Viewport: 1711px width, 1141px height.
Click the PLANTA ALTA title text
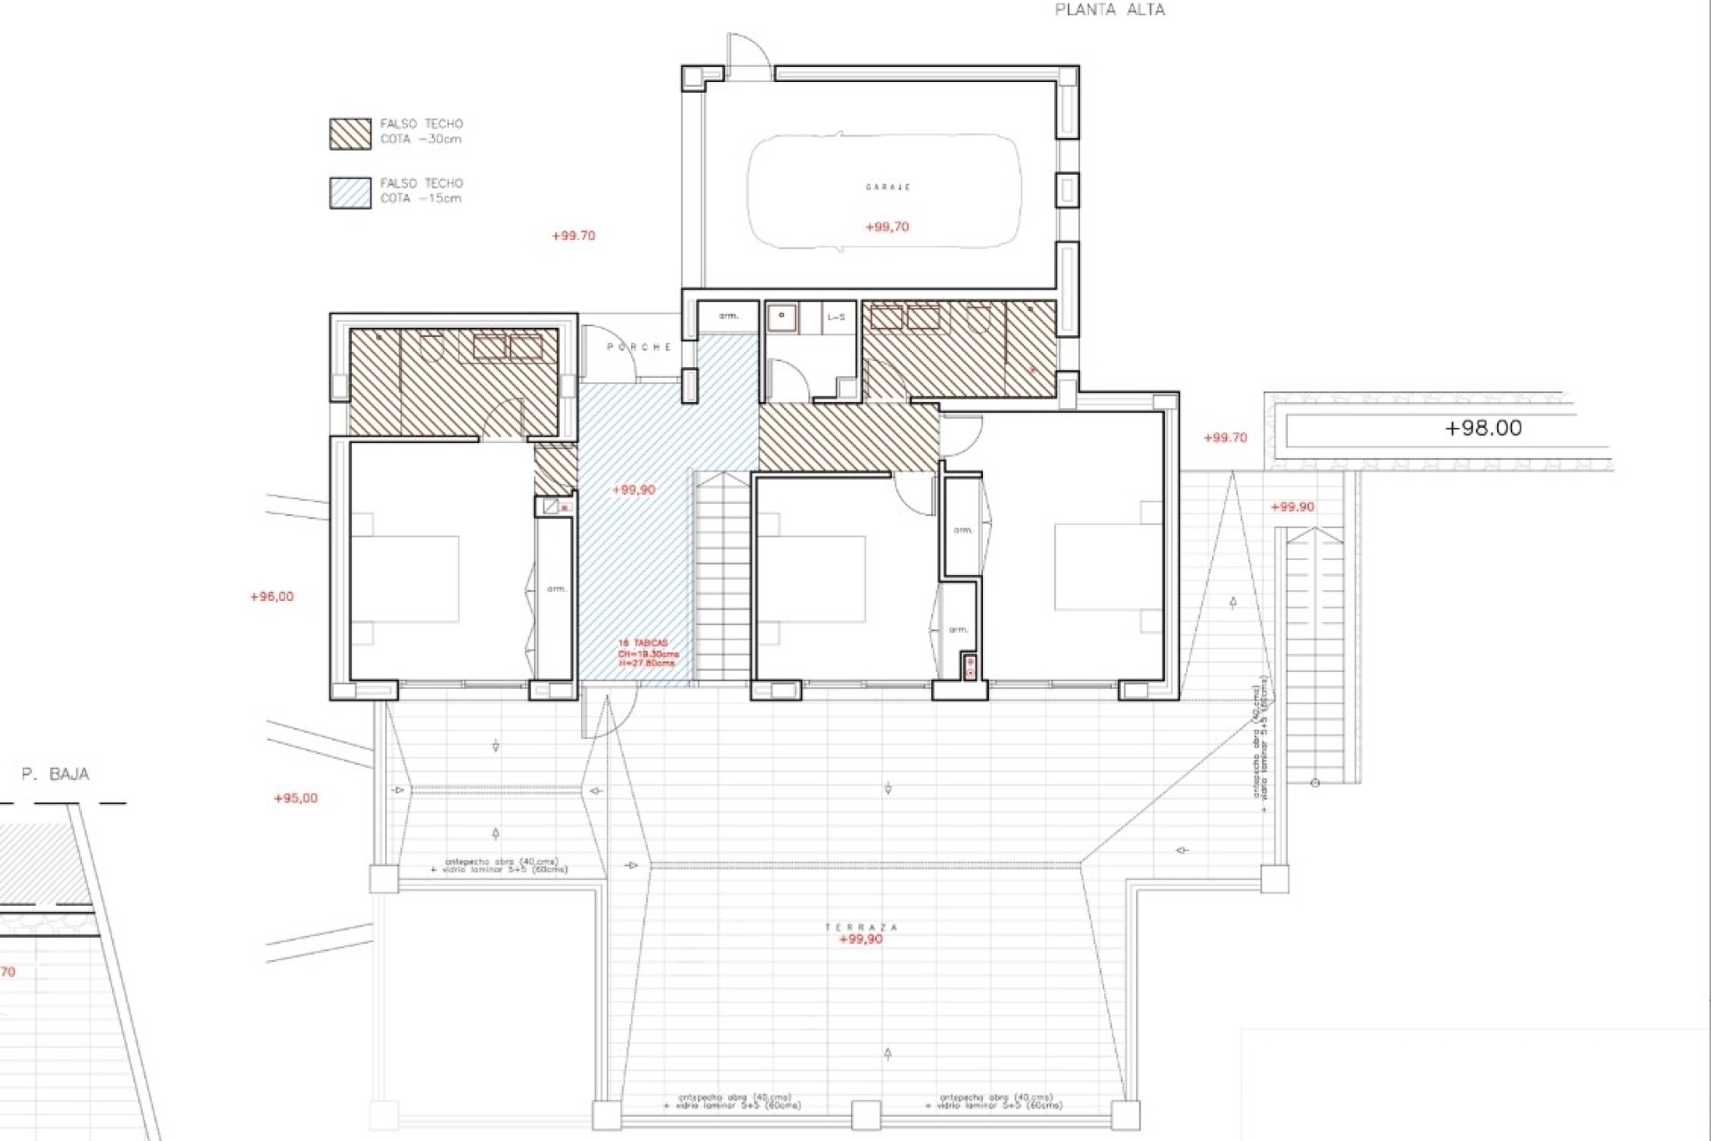(1109, 10)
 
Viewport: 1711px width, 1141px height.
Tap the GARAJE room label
(888, 187)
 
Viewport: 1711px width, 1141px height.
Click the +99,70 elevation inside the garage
(887, 227)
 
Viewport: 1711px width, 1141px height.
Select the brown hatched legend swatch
(350, 134)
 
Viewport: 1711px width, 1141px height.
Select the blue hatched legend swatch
(350, 193)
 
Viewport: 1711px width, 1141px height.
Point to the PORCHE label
(639, 347)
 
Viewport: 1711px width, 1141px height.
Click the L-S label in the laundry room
(836, 317)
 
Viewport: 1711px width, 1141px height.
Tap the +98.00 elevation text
(1483, 428)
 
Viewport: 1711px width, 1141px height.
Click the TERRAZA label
(861, 927)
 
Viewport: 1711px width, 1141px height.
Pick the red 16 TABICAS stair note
(648, 653)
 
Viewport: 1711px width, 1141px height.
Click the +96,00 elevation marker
(272, 596)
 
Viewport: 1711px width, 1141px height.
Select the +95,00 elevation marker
(296, 798)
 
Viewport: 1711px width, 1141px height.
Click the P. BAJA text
(55, 774)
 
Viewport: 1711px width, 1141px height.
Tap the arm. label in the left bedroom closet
(556, 588)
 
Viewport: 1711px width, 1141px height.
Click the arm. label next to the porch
(729, 316)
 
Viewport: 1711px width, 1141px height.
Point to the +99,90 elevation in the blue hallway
(634, 489)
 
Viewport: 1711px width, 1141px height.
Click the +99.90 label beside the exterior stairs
(1292, 506)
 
